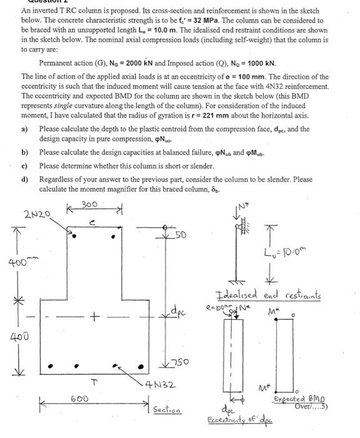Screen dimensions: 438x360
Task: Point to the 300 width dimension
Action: coord(90,205)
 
